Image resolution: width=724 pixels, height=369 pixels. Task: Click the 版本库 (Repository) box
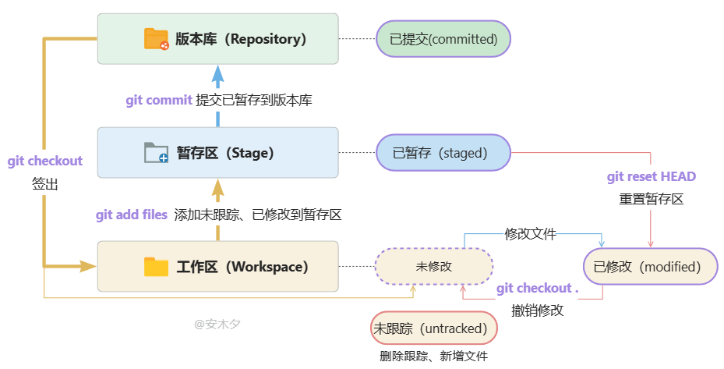point(217,38)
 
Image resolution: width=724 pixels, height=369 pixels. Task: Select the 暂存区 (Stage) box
point(217,153)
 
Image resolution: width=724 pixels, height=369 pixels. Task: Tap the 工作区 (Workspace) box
point(217,267)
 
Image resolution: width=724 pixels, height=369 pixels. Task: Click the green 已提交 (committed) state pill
point(443,38)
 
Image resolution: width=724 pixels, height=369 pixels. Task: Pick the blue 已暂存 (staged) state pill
point(443,153)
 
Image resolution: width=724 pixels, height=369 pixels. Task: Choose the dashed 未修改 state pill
point(434,267)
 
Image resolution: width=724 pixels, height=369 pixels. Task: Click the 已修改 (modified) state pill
point(650,267)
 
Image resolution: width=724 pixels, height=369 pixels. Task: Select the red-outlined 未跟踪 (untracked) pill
point(433,328)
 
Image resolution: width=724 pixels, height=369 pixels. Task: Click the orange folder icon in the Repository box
point(157,39)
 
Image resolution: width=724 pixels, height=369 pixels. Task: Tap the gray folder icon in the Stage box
point(157,153)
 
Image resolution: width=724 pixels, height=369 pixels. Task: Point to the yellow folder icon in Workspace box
point(157,267)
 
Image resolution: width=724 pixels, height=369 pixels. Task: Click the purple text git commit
point(159,101)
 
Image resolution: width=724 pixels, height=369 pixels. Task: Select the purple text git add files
point(132,215)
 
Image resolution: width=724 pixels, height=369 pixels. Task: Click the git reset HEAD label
point(651,176)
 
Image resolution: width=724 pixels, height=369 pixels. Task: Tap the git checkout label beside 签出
point(45,161)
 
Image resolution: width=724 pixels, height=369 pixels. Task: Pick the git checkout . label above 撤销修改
point(538,289)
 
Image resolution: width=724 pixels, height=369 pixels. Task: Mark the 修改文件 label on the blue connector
point(531,233)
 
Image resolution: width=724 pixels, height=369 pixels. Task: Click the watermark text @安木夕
point(217,324)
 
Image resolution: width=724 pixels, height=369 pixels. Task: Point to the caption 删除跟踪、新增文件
point(434,357)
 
